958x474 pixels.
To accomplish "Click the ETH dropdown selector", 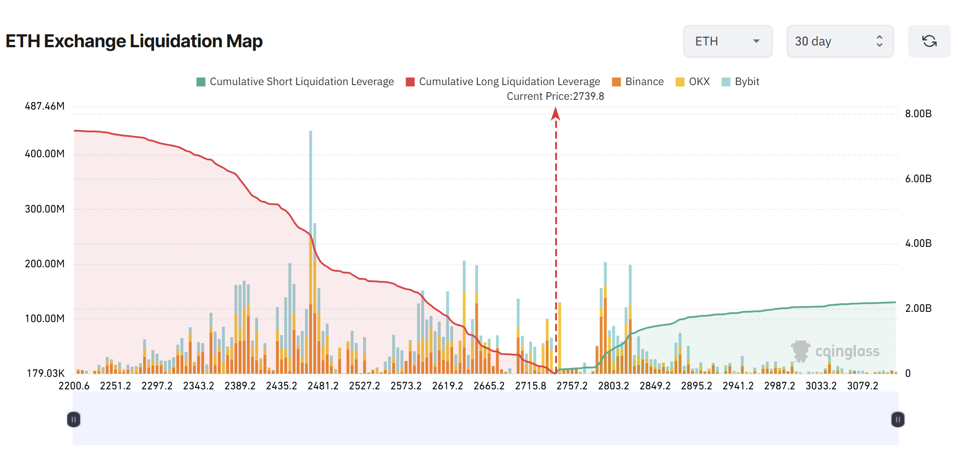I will [727, 41].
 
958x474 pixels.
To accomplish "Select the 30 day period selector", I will [839, 41].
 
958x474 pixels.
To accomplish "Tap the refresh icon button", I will [929, 41].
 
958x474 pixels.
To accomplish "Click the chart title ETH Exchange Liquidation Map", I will [134, 41].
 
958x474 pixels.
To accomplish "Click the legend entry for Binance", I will [638, 82].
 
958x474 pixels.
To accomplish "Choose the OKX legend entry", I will [692, 82].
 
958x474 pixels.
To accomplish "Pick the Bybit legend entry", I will [740, 82].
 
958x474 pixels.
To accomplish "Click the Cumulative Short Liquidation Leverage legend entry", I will [295, 82].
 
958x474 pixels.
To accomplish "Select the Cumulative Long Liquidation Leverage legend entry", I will [503, 82].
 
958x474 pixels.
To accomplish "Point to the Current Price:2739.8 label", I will [555, 96].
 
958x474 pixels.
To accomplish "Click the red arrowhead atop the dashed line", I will [556, 114].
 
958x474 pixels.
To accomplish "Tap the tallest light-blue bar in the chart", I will [311, 178].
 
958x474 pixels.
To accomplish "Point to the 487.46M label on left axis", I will [45, 106].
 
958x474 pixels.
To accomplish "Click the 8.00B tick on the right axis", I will [918, 114].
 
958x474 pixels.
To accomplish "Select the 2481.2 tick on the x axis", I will [323, 386].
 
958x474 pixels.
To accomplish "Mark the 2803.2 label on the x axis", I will [614, 386].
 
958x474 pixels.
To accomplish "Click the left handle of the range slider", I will [74, 419].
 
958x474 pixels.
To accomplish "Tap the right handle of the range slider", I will [897, 419].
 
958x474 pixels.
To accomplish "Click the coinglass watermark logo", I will [835, 351].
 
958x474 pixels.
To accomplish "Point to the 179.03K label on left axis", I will [45, 373].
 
